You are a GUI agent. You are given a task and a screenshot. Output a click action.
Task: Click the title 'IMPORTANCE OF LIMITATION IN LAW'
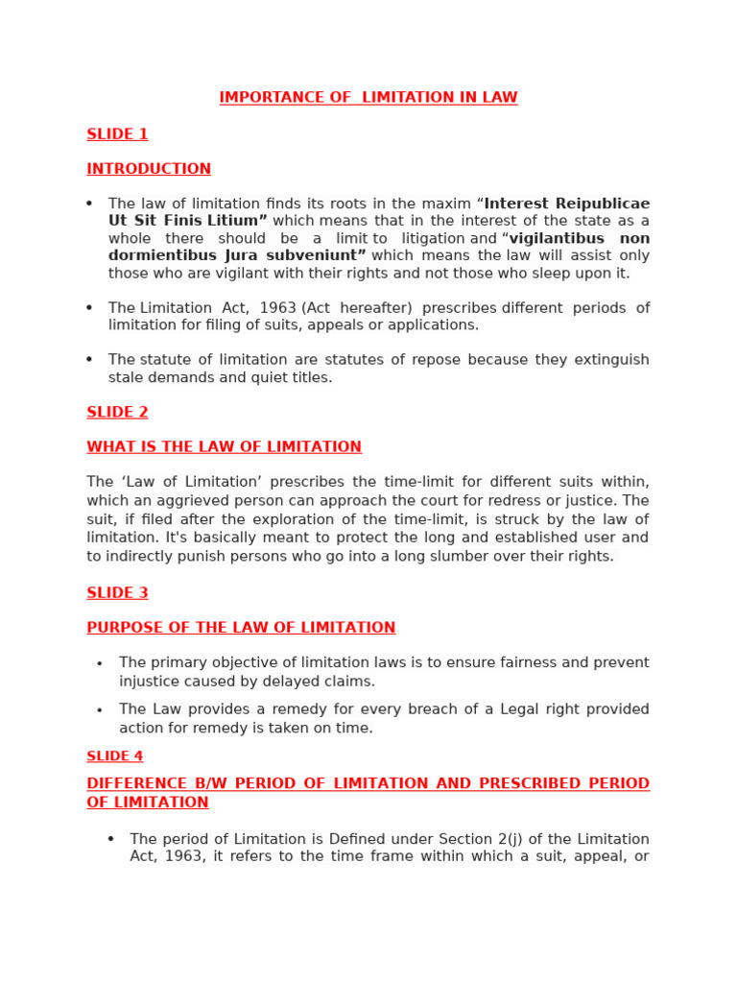[x=368, y=98]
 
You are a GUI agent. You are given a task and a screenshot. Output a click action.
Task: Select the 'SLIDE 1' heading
[x=117, y=134]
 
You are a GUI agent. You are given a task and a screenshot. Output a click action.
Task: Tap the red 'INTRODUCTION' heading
[x=149, y=169]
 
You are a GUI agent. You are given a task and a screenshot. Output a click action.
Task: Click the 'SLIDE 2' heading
[x=117, y=412]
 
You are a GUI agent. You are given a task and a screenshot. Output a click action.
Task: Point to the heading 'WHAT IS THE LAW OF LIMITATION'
[x=224, y=447]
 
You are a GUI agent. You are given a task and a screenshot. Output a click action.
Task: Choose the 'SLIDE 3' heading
[x=117, y=593]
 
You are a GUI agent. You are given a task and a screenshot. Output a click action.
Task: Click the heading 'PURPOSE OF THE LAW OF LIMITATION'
[x=241, y=628]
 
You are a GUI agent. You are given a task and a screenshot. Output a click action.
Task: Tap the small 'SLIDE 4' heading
[x=114, y=756]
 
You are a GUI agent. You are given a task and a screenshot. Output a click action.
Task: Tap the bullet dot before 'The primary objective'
[x=100, y=664]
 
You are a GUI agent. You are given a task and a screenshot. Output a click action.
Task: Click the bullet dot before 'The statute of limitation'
[x=89, y=360]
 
